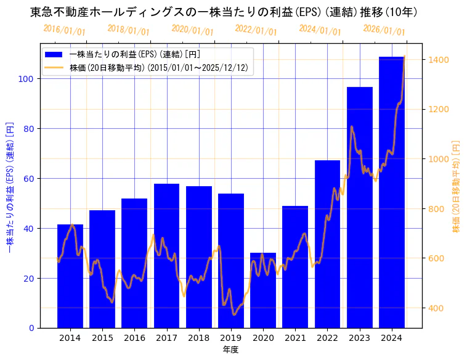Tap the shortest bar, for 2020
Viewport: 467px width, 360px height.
(x=263, y=290)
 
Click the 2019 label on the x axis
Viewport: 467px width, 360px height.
(x=231, y=338)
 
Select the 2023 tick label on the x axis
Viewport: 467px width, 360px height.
(x=360, y=338)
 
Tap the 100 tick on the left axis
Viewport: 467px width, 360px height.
(x=28, y=79)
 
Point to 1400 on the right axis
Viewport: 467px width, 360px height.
(x=438, y=60)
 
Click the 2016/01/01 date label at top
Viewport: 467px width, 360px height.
(x=64, y=30)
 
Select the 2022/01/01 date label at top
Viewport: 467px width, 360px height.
(x=256, y=30)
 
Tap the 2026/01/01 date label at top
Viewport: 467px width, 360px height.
(x=384, y=30)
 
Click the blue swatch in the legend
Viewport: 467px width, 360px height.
(x=54, y=54)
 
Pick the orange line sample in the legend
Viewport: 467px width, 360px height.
(x=54, y=68)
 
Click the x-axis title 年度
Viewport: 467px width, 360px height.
(x=231, y=350)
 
